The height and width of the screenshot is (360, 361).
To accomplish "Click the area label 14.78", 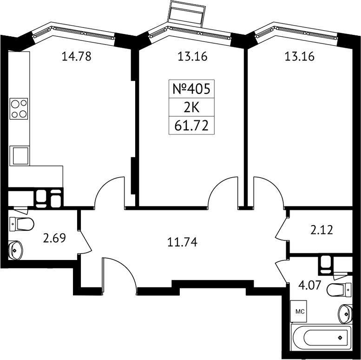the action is [x=77, y=56].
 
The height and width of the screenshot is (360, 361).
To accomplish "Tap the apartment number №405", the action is [x=191, y=89].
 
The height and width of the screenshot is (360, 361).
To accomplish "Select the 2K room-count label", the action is [x=191, y=107].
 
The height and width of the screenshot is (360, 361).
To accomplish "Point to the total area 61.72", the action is [x=191, y=126].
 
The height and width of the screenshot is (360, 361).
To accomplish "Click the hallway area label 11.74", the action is [x=182, y=242].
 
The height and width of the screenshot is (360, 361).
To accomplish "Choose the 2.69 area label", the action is [x=54, y=238].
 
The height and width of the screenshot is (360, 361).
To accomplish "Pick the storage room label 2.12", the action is [x=322, y=230].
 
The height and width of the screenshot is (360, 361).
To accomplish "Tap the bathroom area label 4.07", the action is [x=309, y=285].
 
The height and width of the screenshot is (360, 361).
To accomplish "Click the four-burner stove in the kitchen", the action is [x=19, y=109].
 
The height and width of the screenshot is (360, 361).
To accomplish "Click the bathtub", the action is [x=322, y=338].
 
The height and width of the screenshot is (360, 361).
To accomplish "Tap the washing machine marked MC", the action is [x=299, y=311].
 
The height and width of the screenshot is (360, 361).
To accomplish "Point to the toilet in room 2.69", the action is [x=22, y=224].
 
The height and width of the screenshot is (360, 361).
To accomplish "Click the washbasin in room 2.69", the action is [x=16, y=250].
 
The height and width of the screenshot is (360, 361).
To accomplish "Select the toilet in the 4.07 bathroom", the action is [x=339, y=290].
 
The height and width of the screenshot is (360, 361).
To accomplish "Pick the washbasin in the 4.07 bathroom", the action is [x=345, y=313].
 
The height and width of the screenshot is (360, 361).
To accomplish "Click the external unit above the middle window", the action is [x=187, y=13].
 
